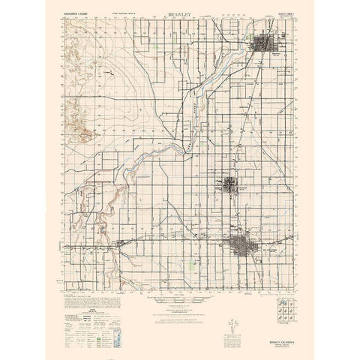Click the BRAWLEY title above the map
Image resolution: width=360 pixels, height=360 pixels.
[x=180, y=13]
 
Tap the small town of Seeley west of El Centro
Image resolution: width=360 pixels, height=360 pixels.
[x=124, y=242]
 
